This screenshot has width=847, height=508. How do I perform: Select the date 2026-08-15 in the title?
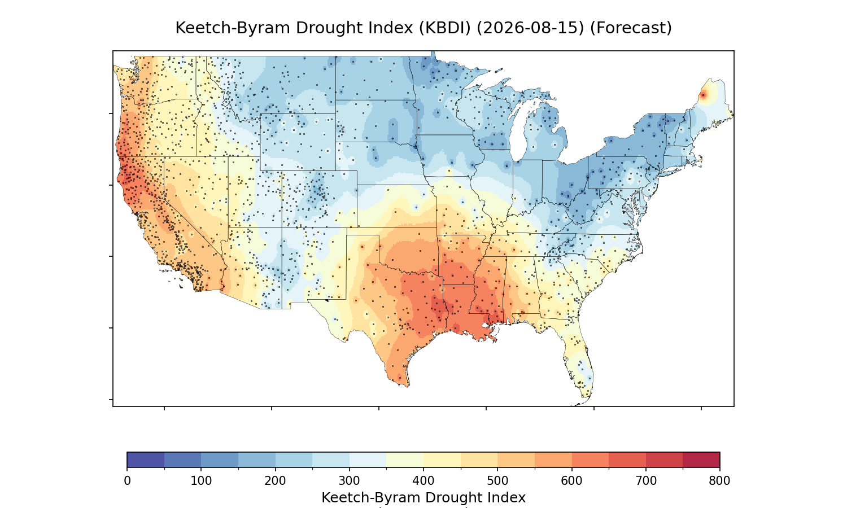pyautogui.click(x=530, y=28)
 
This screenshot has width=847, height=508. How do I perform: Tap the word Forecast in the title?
pyautogui.click(x=631, y=28)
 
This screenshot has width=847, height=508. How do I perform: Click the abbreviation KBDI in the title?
pyautogui.click(x=445, y=28)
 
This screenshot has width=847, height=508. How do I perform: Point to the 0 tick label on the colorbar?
pyautogui.click(x=128, y=481)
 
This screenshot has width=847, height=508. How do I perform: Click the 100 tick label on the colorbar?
pyautogui.click(x=201, y=481)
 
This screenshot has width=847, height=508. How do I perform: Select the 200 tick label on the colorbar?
pyautogui.click(x=276, y=481)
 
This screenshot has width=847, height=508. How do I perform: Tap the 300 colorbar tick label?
pyautogui.click(x=350, y=481)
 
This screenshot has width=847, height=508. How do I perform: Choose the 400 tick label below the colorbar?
pyautogui.click(x=423, y=481)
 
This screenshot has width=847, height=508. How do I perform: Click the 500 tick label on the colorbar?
pyautogui.click(x=497, y=481)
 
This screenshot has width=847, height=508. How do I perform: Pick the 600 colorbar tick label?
pyautogui.click(x=571, y=481)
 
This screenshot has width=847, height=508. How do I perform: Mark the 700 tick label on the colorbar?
pyautogui.click(x=646, y=481)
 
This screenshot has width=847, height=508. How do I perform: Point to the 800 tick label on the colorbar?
pyautogui.click(x=719, y=481)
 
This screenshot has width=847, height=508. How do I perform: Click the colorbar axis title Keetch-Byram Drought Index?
pyautogui.click(x=423, y=498)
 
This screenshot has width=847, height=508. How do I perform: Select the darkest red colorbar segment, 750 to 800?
pyautogui.click(x=701, y=459)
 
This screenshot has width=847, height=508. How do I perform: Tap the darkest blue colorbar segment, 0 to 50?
pyautogui.click(x=146, y=459)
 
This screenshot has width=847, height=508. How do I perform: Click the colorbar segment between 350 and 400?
pyautogui.click(x=405, y=459)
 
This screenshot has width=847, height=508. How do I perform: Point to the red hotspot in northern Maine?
pyautogui.click(x=704, y=95)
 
